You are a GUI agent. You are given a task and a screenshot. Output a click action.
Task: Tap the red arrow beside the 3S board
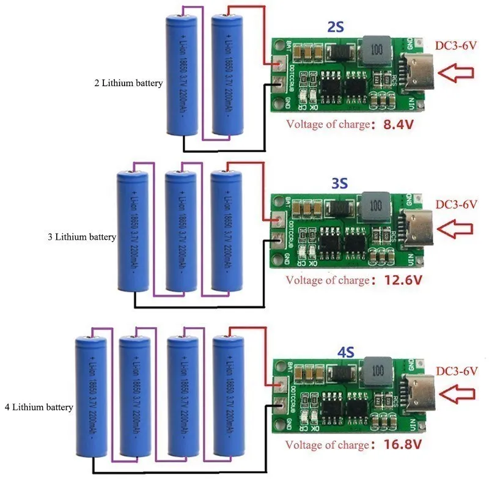[x=456, y=229]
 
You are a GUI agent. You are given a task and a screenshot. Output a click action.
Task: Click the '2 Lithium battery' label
[x=128, y=83]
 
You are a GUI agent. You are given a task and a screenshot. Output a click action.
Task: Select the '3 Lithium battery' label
[x=81, y=237]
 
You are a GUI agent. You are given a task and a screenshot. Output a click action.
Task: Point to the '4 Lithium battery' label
[x=39, y=406]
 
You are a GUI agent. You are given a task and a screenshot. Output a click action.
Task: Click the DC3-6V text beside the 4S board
[x=456, y=370]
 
